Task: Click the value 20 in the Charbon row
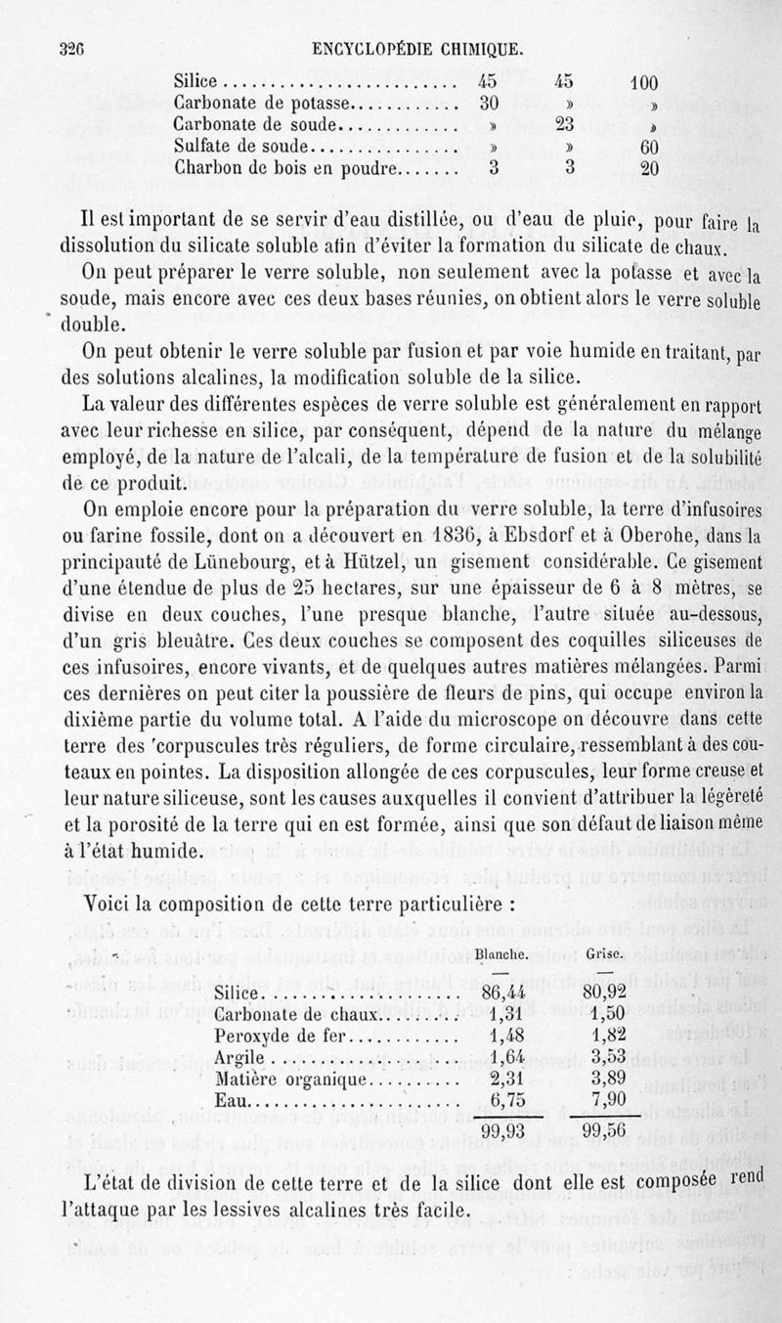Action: (649, 168)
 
